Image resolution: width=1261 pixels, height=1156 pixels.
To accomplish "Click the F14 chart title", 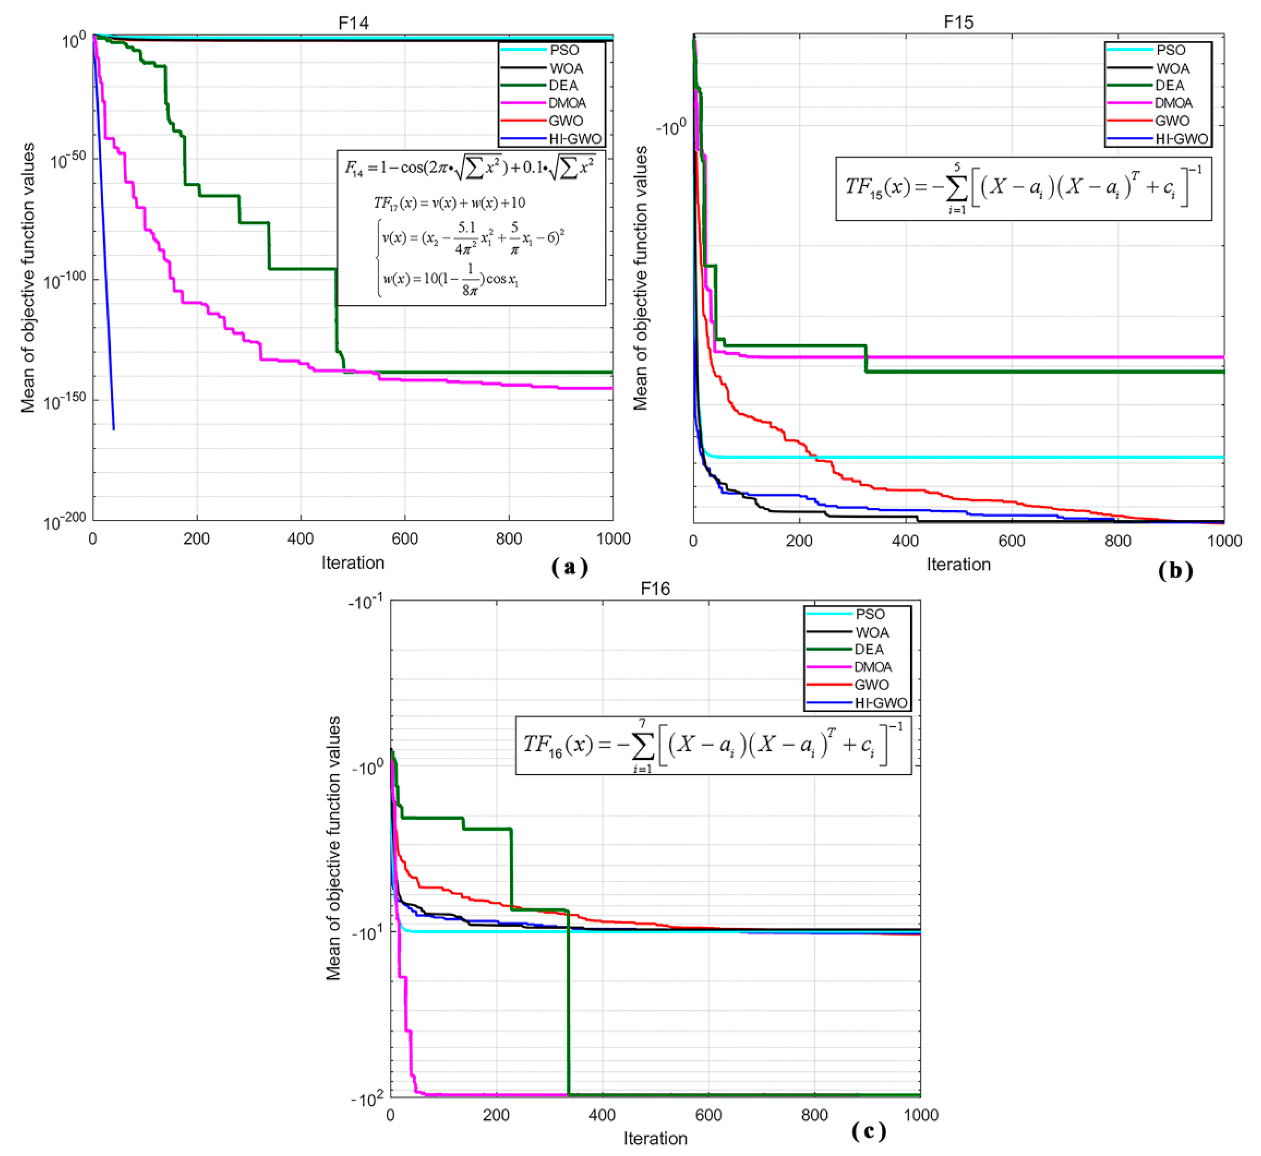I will [354, 23].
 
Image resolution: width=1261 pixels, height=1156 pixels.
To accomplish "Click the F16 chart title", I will [655, 589].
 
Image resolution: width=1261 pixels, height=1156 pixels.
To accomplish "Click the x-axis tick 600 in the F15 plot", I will [1011, 541].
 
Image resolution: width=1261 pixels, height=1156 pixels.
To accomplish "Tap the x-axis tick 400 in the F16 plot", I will [602, 1115].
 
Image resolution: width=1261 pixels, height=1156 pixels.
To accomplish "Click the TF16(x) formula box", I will [713, 746].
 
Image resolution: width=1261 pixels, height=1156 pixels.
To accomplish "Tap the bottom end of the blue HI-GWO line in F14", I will [113, 429].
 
